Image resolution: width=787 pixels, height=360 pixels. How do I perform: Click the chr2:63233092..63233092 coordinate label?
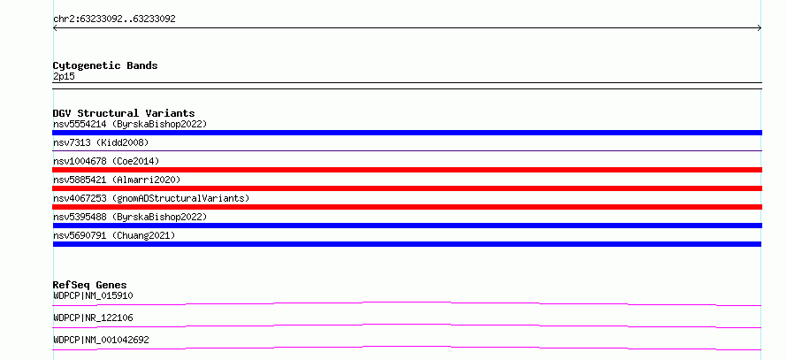coord(114,19)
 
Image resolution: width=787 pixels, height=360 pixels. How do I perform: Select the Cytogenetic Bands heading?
coord(105,65)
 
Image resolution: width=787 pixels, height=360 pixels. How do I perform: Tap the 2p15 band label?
coord(64,76)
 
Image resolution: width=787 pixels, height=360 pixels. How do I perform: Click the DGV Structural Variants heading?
coord(124,113)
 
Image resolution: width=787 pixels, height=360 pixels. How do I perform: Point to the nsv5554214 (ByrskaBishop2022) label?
coord(130,124)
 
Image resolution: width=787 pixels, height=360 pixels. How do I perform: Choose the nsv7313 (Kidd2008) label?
coord(101,142)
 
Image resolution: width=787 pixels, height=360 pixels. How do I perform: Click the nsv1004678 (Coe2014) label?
coord(106,161)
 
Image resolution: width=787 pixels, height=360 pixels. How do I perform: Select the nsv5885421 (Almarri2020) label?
coord(117,180)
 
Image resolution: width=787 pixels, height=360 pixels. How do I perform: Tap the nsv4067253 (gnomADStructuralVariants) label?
coord(151,198)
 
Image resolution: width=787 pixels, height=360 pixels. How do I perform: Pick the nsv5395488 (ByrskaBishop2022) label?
coord(130,217)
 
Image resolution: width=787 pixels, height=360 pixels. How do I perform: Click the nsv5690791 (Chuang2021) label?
coord(114,235)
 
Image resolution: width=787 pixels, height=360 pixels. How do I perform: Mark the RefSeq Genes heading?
coord(90,285)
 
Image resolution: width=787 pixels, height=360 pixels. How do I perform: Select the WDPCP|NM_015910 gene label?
coord(93,295)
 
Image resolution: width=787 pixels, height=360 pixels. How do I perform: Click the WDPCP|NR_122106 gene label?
coord(93,318)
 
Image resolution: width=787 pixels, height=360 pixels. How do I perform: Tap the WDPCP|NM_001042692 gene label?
coord(101,340)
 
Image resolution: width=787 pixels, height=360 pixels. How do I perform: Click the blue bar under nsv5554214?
coord(407,133)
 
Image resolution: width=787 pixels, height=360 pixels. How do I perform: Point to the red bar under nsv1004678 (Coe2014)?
coord(407,170)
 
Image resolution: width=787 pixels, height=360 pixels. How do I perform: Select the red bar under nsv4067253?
coord(407,207)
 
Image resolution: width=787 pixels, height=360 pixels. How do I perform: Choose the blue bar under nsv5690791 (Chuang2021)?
coord(407,244)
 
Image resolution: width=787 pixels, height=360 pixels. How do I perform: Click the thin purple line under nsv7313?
coord(407,150)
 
